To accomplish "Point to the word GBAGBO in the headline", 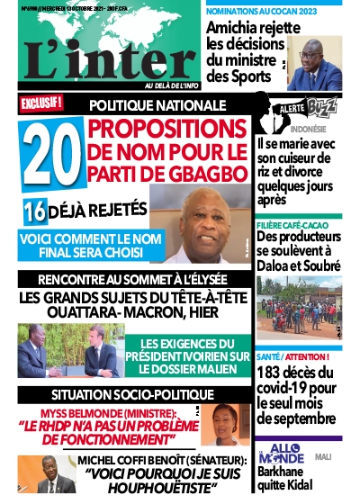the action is point(206,168).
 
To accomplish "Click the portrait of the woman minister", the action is point(231,424).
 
